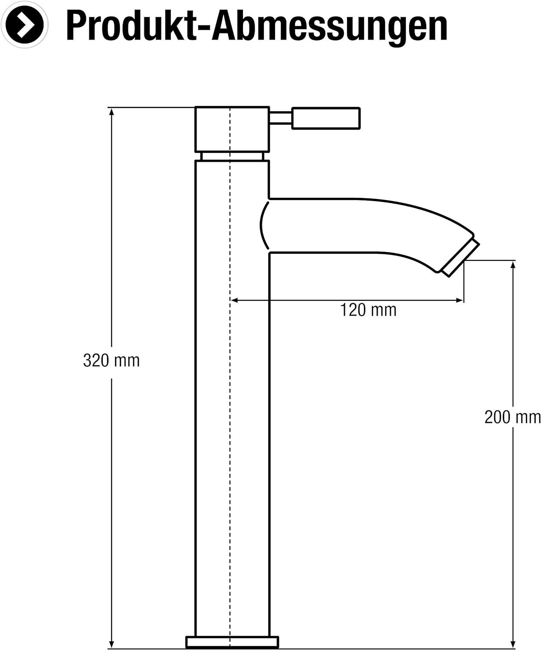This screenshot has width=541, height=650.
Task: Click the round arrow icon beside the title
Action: (24, 24)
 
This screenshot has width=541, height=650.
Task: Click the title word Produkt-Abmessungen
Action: (257, 27)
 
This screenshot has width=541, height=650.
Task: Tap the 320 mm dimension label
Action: (111, 361)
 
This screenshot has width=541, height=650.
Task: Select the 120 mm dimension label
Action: (368, 310)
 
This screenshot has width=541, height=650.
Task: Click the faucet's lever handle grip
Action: (326, 118)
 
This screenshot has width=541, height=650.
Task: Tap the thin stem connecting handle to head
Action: (280, 118)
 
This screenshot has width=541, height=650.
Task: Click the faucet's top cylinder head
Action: (232, 130)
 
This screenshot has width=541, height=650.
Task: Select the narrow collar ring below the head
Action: (232, 156)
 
